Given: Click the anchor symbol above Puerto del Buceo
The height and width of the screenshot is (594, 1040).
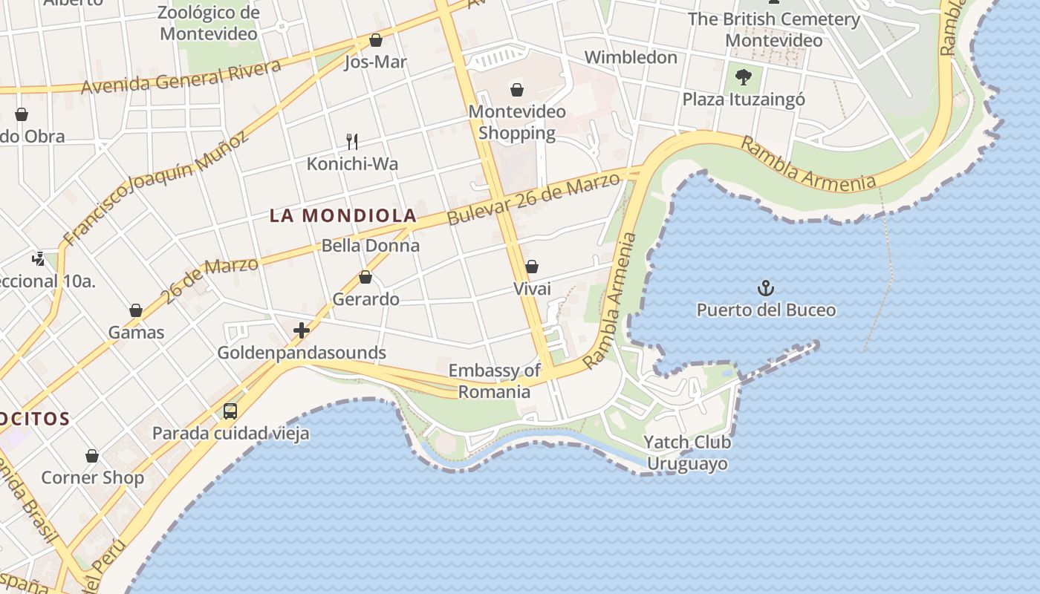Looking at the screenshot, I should [765, 288].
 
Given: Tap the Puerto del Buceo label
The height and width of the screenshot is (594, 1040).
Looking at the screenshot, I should [766, 310].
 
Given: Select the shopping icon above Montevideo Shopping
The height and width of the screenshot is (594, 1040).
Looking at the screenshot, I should [517, 91].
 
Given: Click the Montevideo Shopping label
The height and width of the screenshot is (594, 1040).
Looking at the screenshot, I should [517, 123].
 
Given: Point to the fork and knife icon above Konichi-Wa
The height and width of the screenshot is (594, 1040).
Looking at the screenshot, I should [353, 141].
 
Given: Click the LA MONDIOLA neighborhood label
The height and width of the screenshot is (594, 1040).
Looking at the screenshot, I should [342, 216].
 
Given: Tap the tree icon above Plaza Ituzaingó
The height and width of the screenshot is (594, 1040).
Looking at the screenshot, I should [742, 76].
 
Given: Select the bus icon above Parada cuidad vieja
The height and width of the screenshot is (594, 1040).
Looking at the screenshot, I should [230, 411].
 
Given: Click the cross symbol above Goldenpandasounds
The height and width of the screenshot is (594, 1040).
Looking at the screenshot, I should [302, 330].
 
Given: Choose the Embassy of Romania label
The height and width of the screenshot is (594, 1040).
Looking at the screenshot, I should [494, 381].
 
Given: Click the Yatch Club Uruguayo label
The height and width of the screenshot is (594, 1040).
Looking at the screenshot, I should [687, 453].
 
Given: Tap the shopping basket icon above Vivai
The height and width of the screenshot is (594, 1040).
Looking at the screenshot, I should [532, 267].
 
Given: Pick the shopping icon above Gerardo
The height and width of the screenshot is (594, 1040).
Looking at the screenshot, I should [365, 278].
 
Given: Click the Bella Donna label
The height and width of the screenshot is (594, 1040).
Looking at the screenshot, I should [371, 246].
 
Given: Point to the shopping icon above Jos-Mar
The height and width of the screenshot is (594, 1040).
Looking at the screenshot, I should [376, 40].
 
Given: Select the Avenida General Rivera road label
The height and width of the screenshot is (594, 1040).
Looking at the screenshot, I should [181, 77].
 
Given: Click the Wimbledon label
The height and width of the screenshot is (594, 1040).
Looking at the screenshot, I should [631, 57].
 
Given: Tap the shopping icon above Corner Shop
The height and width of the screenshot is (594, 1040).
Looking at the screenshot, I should [92, 456].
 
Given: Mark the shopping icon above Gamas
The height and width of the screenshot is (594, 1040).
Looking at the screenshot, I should [136, 310].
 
